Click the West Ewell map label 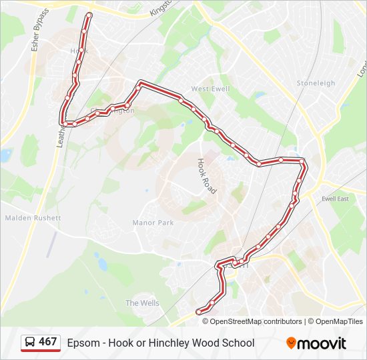(x=210, y=89)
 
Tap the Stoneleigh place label (x=316, y=83)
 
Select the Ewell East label (x=335, y=199)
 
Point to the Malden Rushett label (x=33, y=218)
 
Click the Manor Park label (x=153, y=223)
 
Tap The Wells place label (x=142, y=303)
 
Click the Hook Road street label (x=207, y=176)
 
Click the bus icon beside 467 (x=30, y=343)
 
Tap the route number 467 (x=48, y=343)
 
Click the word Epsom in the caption (x=81, y=343)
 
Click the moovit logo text (x=322, y=343)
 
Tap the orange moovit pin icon (x=291, y=343)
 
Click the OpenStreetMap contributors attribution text (x=256, y=321)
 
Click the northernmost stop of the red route (x=89, y=15)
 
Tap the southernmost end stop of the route (x=198, y=311)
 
